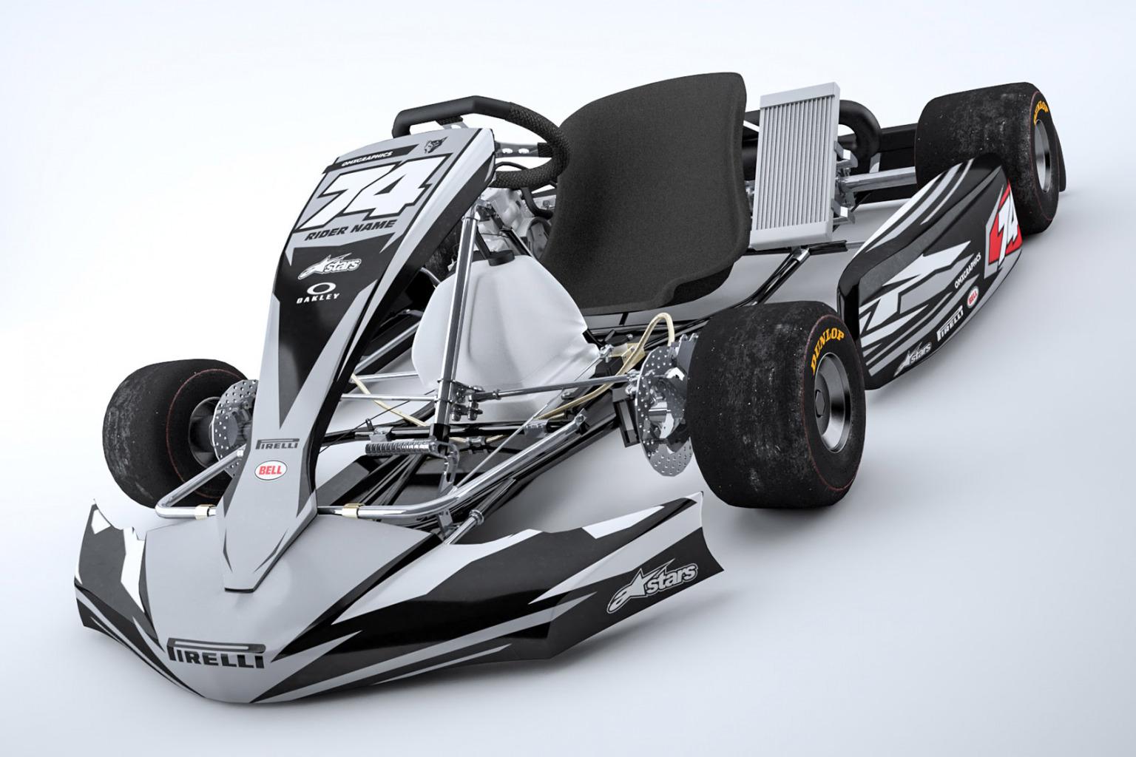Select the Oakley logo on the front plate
click(319, 293)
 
